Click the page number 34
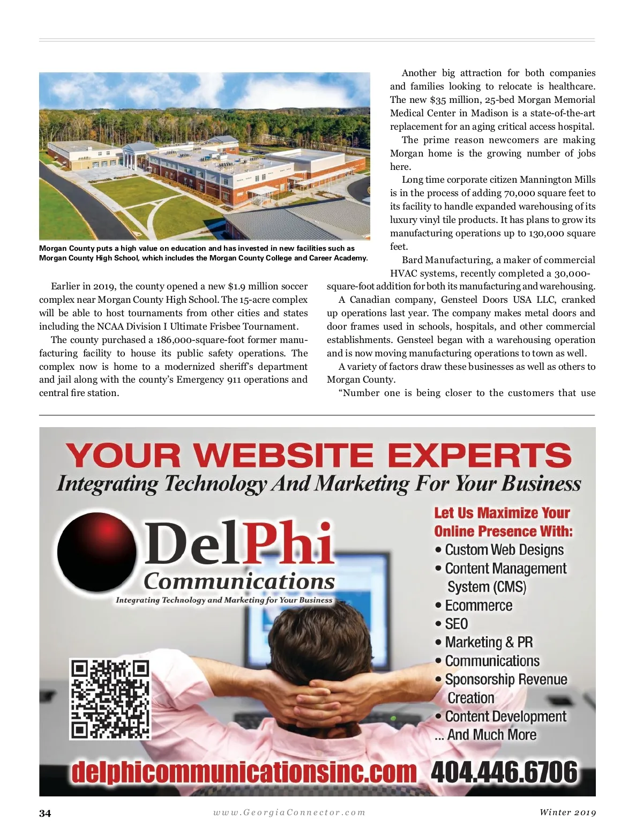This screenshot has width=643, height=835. [x=45, y=813]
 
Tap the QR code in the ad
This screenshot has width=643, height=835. [x=110, y=699]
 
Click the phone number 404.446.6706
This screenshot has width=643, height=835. [x=504, y=772]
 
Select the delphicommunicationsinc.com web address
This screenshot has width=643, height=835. [x=244, y=772]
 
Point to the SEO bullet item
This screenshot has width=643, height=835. [x=456, y=624]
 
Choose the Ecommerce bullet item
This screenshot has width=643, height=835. [x=478, y=606]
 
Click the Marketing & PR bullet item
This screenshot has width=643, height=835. [x=489, y=642]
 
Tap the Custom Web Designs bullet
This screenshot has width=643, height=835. [x=504, y=550]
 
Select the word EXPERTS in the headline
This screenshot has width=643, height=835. [x=480, y=456]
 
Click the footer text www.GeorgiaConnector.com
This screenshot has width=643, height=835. [x=289, y=812]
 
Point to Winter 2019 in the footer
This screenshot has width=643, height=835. [x=567, y=812]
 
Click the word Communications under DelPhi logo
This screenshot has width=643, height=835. [x=239, y=581]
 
